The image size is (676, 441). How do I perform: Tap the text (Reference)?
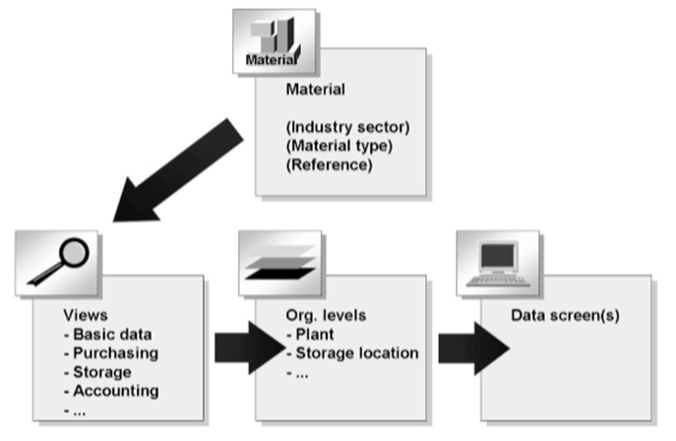[x=328, y=164]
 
